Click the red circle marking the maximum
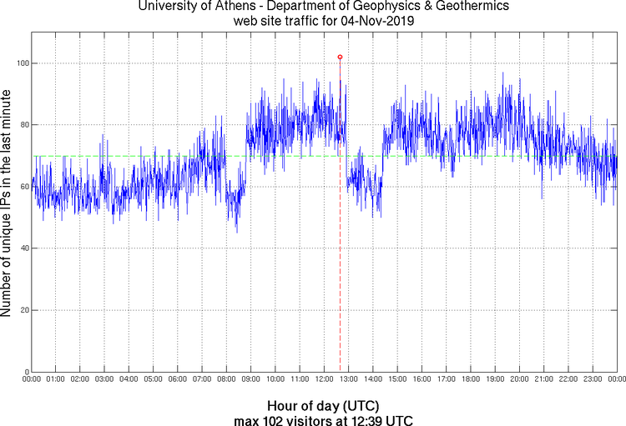pos(340,57)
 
